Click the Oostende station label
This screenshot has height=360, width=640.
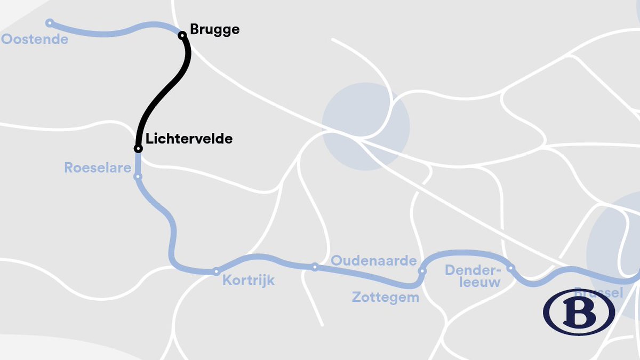click(x=35, y=39)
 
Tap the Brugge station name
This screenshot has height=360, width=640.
click(x=215, y=30)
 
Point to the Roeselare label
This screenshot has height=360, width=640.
click(x=98, y=168)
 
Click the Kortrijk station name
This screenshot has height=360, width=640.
click(x=249, y=280)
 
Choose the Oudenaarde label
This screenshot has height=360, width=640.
click(x=373, y=261)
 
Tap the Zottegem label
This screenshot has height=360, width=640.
click(x=385, y=297)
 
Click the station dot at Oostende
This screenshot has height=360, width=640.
click(x=50, y=23)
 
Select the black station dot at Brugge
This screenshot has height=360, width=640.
click(x=182, y=35)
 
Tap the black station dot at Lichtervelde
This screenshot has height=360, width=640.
click(x=138, y=148)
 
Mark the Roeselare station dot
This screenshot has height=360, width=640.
click(x=138, y=177)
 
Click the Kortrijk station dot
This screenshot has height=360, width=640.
click(x=216, y=271)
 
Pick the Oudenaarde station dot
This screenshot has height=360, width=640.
click(x=315, y=267)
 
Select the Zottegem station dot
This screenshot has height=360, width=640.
click(x=422, y=271)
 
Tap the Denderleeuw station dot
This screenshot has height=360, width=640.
click(x=510, y=268)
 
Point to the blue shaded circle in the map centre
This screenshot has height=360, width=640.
click(x=366, y=126)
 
